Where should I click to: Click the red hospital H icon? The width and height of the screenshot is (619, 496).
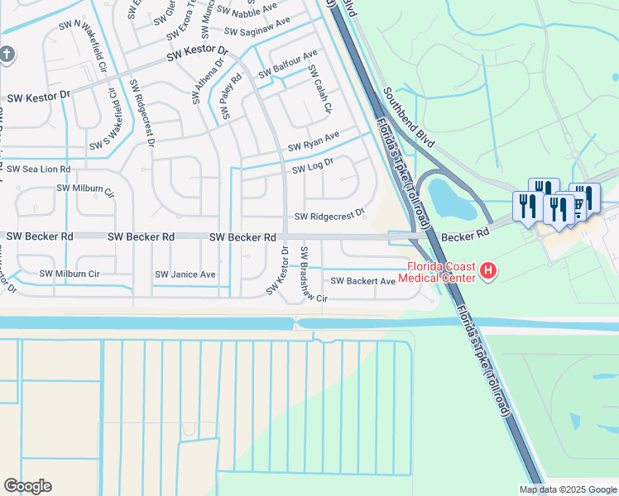pos(489,269)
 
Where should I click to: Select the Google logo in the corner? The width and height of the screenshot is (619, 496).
pos(28,485)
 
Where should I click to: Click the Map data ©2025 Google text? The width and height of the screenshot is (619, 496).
pos(567,489)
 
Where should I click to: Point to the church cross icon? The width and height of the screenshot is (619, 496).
pos(7,55)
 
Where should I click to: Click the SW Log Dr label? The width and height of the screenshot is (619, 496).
pos(312,166)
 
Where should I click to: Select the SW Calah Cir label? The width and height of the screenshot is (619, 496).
pos(320,91)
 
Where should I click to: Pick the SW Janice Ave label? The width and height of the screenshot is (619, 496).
pos(185,274)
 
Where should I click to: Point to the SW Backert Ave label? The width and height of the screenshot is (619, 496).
pos(362,281)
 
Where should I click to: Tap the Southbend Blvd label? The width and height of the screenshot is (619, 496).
pos(408,116)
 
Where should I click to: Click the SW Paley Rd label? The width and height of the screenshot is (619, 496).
pos(231,97)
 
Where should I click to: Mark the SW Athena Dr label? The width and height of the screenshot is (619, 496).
pos(209,81)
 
